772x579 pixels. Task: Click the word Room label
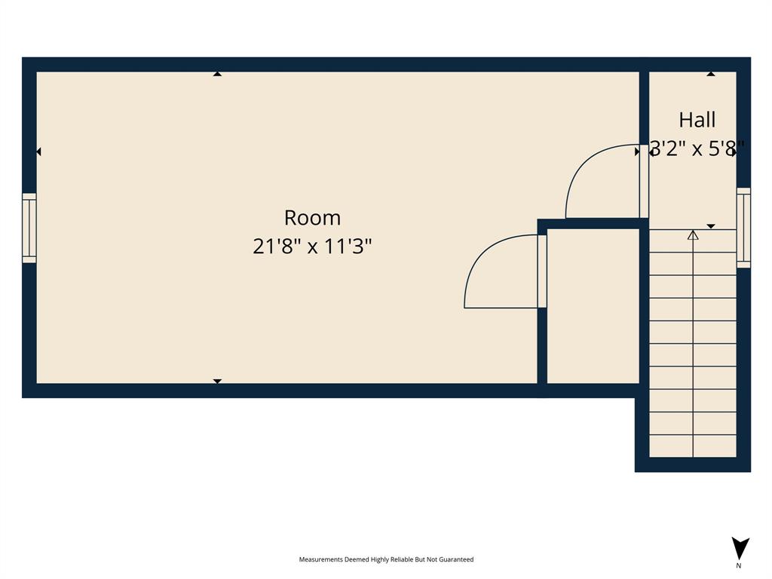[x=312, y=218]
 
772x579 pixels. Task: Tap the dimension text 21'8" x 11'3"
[x=312, y=247]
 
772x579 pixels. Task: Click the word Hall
[x=697, y=120]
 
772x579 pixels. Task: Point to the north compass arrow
[x=740, y=547]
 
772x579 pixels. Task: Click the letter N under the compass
[x=739, y=565]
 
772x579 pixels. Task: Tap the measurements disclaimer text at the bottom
[x=386, y=559]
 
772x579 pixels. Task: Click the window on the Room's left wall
[x=29, y=228]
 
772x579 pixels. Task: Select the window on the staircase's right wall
[x=743, y=228]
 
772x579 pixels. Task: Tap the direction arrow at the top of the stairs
[x=693, y=235]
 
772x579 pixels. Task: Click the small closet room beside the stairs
[x=593, y=305]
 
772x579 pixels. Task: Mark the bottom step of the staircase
[x=693, y=446]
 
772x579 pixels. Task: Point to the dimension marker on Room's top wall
[x=217, y=74]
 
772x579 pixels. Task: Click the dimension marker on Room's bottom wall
[x=217, y=381]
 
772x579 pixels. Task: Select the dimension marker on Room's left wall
[x=38, y=152]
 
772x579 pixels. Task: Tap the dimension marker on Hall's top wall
[x=710, y=74]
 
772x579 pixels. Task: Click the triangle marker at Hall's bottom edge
[x=710, y=226]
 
